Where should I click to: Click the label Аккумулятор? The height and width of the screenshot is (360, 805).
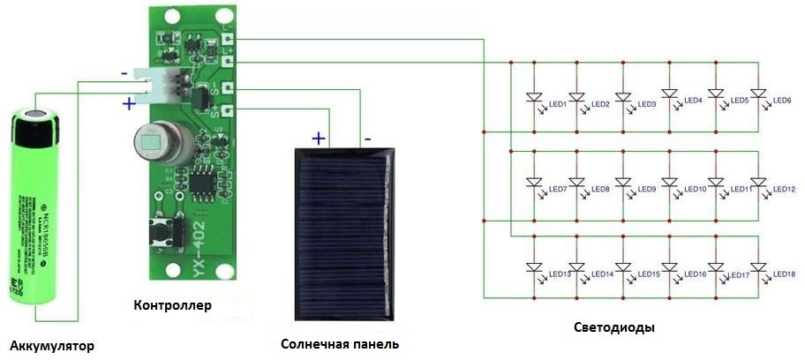click(49, 344)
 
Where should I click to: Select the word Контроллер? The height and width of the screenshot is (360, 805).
click(173, 306)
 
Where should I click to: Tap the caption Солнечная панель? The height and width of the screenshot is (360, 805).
click(340, 343)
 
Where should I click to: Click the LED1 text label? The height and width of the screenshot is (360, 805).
click(557, 104)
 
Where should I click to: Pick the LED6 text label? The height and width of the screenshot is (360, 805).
click(781, 101)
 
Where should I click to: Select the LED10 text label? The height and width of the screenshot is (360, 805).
click(695, 190)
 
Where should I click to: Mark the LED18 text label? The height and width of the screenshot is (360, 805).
click(784, 274)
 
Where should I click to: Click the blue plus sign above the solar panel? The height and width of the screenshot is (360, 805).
click(318, 138)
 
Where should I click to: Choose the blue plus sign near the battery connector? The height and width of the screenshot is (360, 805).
click(129, 103)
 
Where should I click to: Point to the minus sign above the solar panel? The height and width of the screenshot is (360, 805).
click(367, 138)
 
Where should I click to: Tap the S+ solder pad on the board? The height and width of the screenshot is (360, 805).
click(228, 110)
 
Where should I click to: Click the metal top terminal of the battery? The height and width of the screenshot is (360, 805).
click(38, 112)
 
